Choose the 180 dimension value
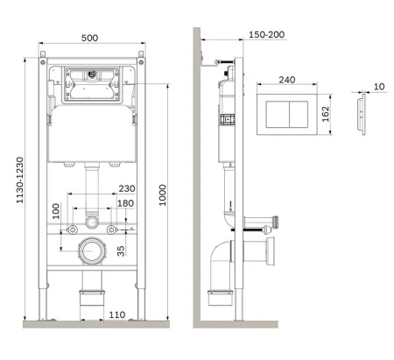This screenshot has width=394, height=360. (x=125, y=204)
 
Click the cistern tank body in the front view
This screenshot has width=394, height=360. (x=91, y=136)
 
